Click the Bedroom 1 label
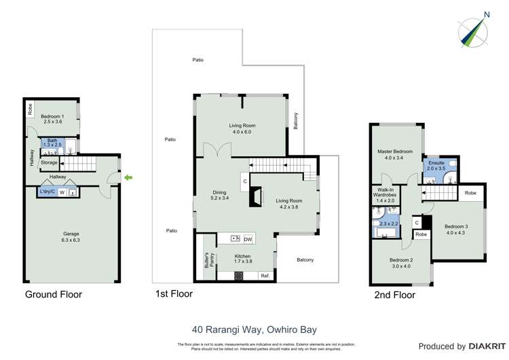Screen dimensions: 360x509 coord(53,118)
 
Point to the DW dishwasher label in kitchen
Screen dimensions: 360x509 coord(248,239)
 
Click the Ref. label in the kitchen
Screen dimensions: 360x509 coord(265,276)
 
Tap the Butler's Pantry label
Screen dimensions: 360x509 coord(206,261)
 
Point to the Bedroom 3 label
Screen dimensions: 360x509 coord(456,230)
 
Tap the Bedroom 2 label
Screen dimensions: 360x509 coord(402,264)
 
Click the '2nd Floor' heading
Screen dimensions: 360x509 coord(394,295)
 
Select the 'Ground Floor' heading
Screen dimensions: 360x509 coord(54,295)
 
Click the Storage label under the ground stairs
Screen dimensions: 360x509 coord(49,162)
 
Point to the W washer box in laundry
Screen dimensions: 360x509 coord(62,193)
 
